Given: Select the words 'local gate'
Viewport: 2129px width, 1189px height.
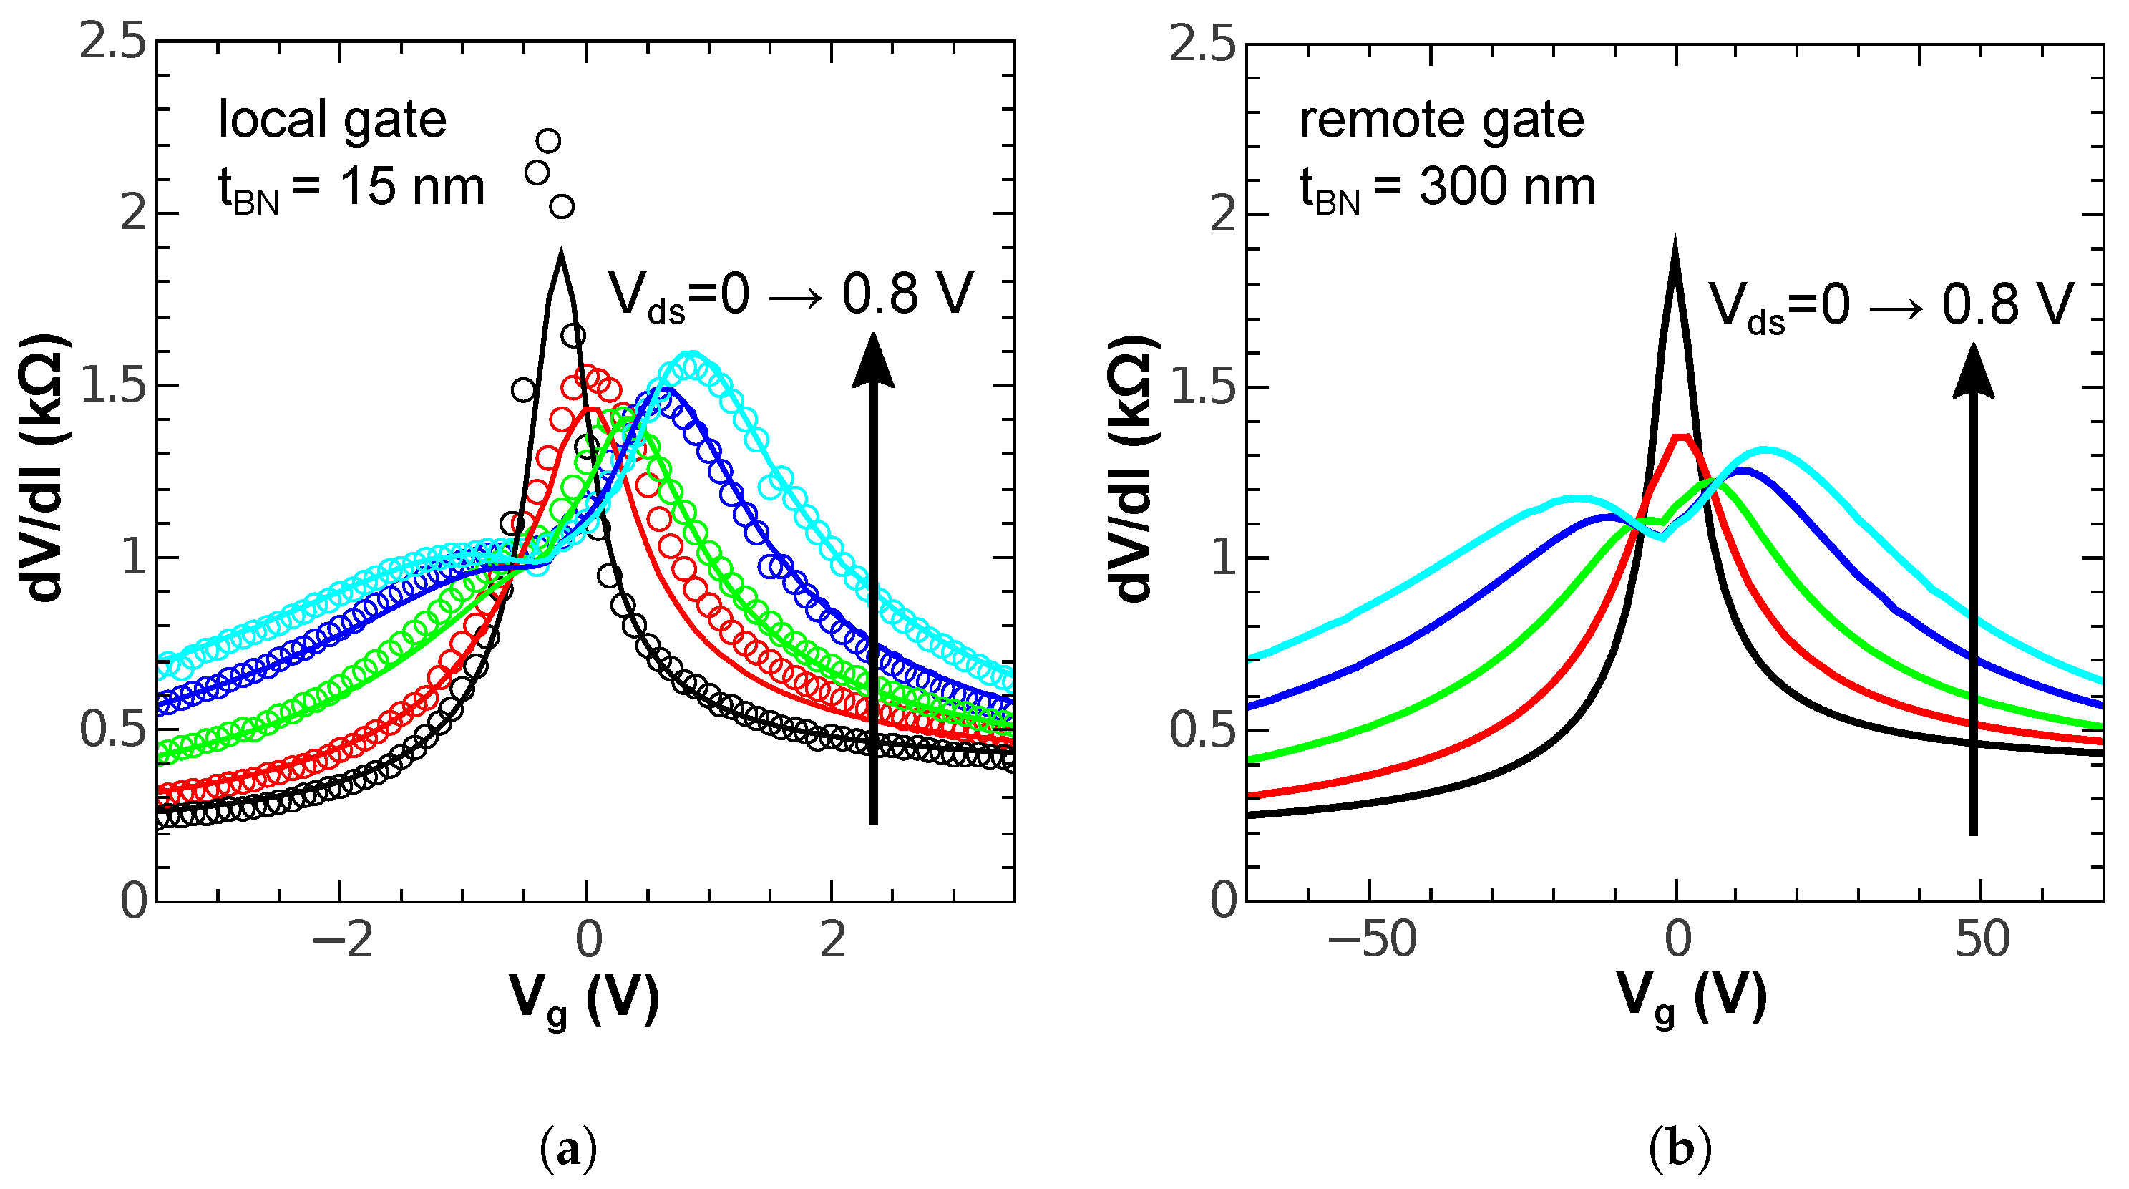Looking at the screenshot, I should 331,120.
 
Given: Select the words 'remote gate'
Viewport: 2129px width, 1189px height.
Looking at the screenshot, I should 1441,120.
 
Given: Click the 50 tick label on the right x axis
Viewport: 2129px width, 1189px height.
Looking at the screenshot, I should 1982,941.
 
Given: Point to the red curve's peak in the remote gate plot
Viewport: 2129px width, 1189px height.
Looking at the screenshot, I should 1682,436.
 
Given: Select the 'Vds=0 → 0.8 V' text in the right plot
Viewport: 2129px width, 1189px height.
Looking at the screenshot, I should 1891,306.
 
